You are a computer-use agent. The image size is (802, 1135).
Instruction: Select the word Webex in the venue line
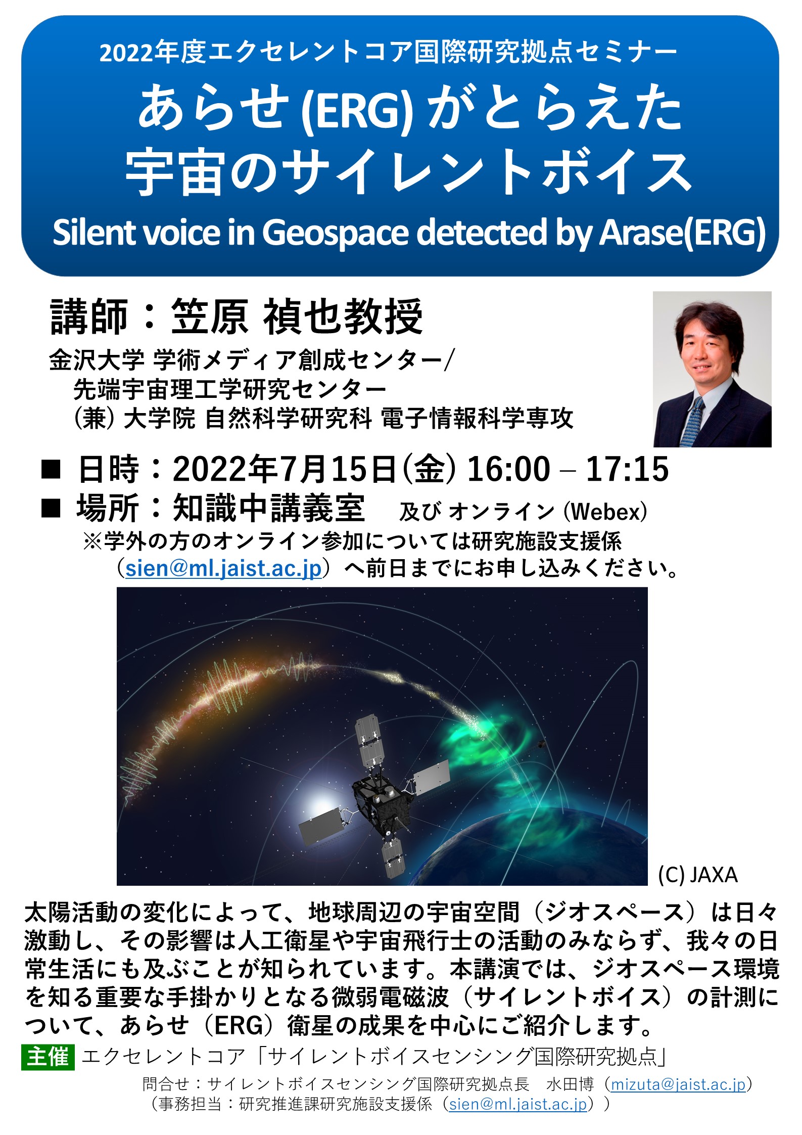point(605,512)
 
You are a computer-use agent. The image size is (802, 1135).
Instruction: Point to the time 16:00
point(508,469)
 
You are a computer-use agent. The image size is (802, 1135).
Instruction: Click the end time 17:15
point(627,469)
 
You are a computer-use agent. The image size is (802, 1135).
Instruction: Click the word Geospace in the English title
point(335,233)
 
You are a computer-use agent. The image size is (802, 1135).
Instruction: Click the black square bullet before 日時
point(51,469)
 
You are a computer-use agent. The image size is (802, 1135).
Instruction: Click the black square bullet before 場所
point(51,508)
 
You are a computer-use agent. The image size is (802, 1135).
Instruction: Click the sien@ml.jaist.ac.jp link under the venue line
point(223,568)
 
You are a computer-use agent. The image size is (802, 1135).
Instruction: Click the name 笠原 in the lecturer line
point(210,316)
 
